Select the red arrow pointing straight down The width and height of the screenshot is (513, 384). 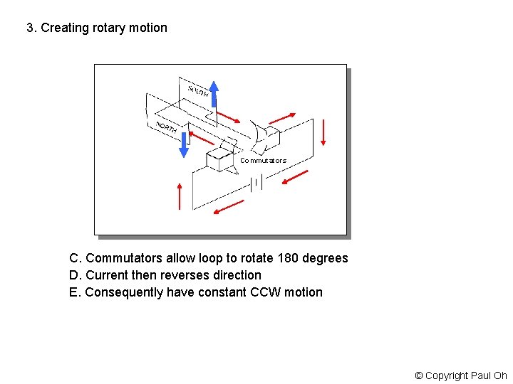pyautogui.click(x=323, y=132)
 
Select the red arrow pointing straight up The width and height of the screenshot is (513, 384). pyautogui.click(x=180, y=196)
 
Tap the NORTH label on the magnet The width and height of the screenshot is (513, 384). pyautogui.click(x=166, y=127)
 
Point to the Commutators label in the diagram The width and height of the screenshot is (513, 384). pyautogui.click(x=263, y=161)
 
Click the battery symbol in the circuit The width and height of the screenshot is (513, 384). pyautogui.click(x=256, y=184)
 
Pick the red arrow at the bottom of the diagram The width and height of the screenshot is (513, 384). pyautogui.click(x=229, y=206)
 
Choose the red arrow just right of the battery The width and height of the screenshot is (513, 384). pyautogui.click(x=294, y=178)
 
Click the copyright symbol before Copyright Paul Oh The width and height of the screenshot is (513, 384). pyautogui.click(x=419, y=375)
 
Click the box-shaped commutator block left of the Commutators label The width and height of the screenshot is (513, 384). pyautogui.click(x=219, y=161)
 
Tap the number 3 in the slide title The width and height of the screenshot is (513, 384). pyautogui.click(x=30, y=28)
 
